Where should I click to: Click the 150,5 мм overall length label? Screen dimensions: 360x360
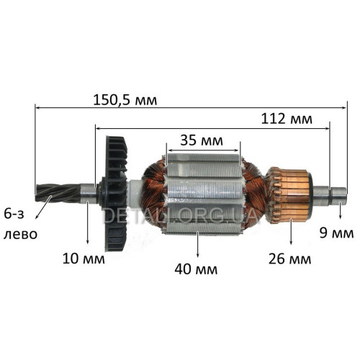click(125, 100)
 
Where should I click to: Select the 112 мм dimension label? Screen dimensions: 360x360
click(287, 119)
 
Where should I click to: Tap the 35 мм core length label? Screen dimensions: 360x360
click(202, 140)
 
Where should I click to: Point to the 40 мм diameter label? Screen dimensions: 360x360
click(196, 269)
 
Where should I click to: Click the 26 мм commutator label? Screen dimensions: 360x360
click(289, 259)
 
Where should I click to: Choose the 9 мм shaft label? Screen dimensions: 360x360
click(336, 233)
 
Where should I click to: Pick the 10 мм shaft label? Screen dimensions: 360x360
click(84, 259)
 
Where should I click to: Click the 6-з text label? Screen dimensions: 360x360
click(14, 214)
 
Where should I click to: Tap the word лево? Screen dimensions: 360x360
click(20, 234)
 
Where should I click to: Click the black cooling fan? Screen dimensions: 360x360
click(114, 194)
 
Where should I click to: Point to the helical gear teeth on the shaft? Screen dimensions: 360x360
click(58, 193)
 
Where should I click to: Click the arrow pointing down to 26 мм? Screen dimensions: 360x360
click(291, 232)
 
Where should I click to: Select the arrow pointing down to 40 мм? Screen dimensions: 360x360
click(197, 244)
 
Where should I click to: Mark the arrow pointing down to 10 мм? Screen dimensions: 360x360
click(87, 222)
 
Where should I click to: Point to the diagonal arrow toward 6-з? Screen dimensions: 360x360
click(43, 207)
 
